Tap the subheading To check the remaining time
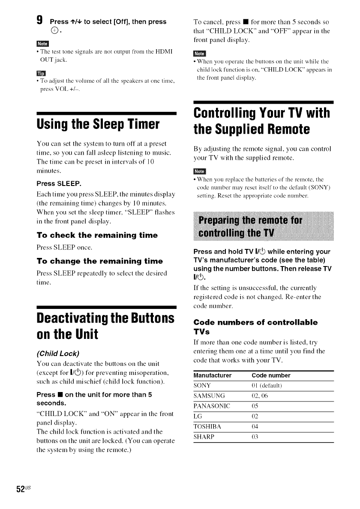tap(97, 235)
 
